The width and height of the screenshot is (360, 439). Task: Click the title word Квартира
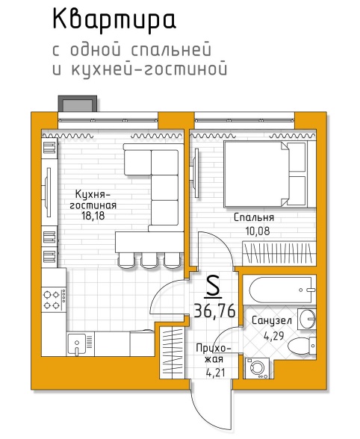114,19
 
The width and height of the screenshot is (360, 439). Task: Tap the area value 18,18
93,216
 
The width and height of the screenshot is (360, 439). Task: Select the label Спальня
254,217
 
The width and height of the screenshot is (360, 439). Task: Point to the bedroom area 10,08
258,231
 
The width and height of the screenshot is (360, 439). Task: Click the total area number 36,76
214,311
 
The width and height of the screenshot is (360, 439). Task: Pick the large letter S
213,286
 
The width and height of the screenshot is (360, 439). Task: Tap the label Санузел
272,320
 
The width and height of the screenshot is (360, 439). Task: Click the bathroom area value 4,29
273,335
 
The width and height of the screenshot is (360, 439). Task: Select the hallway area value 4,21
215,373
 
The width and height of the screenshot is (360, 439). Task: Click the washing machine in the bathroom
257,368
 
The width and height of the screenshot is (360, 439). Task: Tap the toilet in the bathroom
302,346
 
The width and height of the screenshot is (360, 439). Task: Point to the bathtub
279,290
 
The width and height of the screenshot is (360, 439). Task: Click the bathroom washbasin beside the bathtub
307,319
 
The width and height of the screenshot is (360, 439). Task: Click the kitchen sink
76,344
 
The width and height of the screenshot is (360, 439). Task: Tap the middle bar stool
149,261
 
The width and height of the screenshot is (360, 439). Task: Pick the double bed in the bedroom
270,174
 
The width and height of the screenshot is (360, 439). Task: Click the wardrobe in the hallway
173,352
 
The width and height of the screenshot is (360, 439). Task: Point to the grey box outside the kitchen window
78,105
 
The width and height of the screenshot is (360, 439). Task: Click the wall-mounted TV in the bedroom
196,173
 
